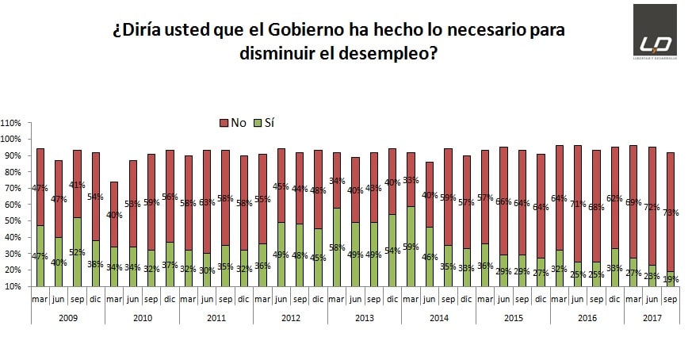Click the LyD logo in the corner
tap(655, 30)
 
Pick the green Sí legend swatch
tap(258, 123)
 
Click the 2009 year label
tap(68, 316)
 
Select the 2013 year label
tap(365, 316)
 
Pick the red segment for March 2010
tap(115, 214)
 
